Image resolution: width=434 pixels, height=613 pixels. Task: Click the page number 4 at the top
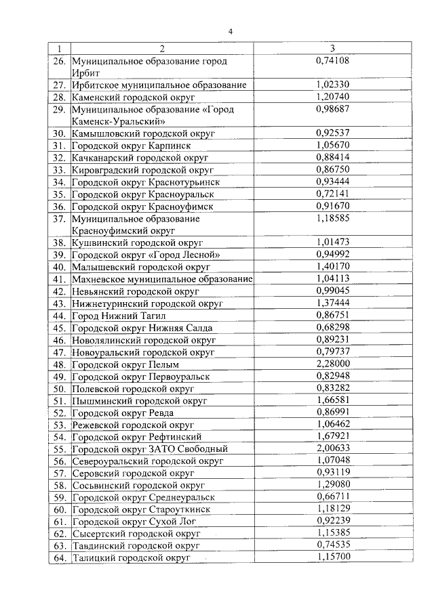230,32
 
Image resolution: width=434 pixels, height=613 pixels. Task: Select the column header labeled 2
162,49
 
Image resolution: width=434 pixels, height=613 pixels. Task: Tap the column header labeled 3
332,49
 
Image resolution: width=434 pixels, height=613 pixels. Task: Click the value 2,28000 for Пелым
332,364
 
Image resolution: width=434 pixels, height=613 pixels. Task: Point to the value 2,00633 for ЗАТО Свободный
332,448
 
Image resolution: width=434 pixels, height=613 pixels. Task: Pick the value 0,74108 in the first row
332,61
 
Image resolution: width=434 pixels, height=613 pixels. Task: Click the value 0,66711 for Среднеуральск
332,497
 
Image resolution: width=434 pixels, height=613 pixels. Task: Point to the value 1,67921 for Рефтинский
332,436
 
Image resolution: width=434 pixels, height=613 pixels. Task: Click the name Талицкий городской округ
131,557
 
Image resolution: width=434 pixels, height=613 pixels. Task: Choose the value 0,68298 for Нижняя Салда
332,327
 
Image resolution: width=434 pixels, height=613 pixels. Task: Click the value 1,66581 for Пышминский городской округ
332,400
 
